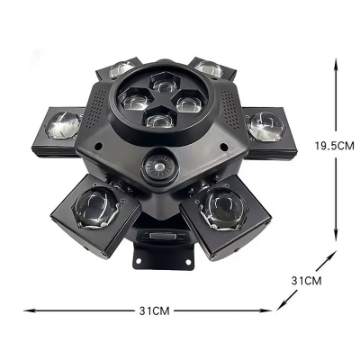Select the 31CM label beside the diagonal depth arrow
pos(308,281)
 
